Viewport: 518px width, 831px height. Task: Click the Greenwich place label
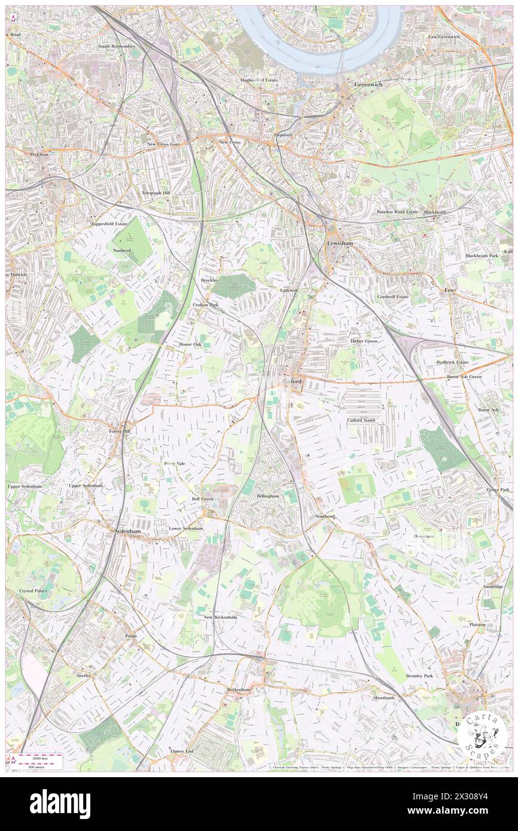[x=367, y=85]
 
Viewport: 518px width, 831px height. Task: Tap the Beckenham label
[x=237, y=689]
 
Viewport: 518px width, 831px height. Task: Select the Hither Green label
[x=364, y=341]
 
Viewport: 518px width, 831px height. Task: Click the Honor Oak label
[x=190, y=345]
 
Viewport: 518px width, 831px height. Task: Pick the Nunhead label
[x=121, y=250]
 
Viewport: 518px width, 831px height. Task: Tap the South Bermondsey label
[x=117, y=46]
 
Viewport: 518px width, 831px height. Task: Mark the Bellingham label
[x=267, y=496]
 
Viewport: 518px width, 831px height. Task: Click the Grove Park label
[x=498, y=490]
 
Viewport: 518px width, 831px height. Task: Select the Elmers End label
[x=182, y=750]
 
